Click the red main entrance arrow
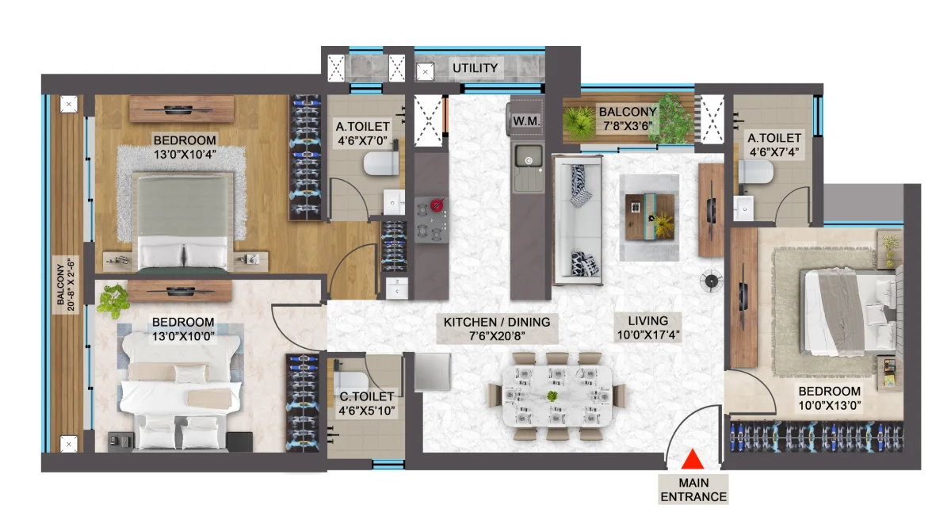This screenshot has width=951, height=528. [693, 460]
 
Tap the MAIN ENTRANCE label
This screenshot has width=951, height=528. [693, 490]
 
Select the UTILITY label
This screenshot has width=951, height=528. [475, 68]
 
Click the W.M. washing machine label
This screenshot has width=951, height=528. [526, 121]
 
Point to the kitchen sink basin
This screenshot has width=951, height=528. [529, 156]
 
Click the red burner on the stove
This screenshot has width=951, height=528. [437, 205]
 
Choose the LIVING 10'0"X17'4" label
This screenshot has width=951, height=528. [648, 327]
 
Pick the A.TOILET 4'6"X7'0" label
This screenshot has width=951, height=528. [363, 133]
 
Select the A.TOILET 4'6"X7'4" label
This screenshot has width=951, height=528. [774, 145]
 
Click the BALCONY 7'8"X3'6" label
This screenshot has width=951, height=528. [628, 118]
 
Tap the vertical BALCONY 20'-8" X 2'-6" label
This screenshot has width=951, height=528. [66, 285]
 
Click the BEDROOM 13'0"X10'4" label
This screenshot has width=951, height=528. [185, 147]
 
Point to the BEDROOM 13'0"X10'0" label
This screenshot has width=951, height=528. [183, 329]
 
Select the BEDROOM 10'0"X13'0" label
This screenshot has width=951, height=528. [830, 398]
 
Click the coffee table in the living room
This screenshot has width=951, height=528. [650, 216]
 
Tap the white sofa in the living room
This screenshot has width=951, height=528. [578, 220]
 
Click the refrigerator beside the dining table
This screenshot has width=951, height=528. [432, 371]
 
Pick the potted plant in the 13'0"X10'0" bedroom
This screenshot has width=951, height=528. [113, 300]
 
